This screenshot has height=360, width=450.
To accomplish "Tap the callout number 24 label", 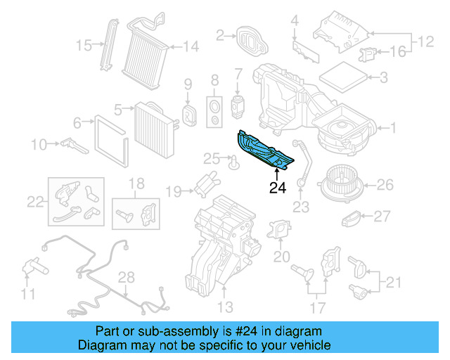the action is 277,188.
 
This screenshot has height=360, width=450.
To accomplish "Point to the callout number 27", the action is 381,216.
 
